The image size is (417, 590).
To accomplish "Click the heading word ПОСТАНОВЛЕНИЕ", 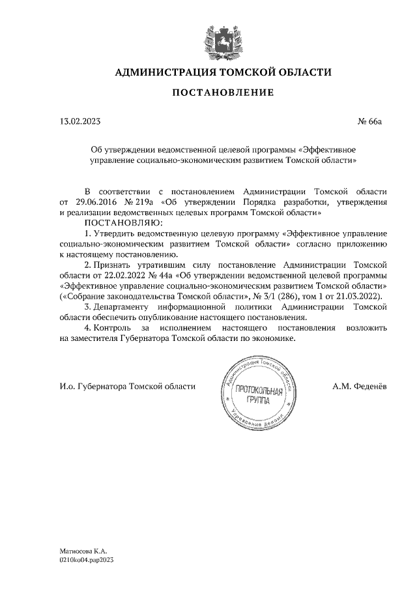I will (223, 93).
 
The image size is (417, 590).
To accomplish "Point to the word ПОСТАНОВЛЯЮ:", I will (121, 223).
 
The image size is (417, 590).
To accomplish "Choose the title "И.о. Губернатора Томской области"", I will (128, 386).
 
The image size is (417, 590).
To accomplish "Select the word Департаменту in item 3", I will (121, 306).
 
